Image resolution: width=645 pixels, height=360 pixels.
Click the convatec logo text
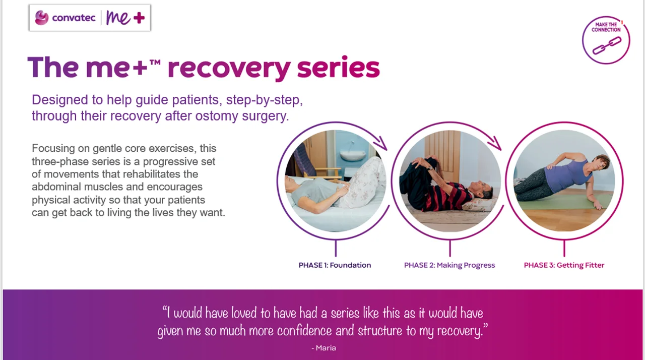click(73, 19)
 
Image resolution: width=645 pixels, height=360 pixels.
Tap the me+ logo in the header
click(125, 18)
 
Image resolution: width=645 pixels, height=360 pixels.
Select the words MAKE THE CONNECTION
click(606, 27)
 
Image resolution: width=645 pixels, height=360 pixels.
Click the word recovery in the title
click(229, 68)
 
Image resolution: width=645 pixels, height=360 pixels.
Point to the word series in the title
click(338, 68)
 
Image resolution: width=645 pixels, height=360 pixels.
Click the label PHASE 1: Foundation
click(335, 265)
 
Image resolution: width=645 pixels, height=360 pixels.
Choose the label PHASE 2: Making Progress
click(449, 265)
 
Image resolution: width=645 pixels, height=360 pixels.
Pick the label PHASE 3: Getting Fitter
click(564, 265)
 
